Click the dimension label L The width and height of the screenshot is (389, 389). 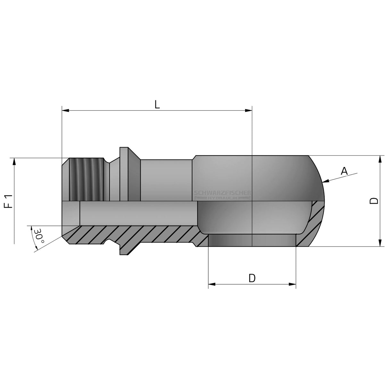click(157, 104)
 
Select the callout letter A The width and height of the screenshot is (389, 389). click(344, 171)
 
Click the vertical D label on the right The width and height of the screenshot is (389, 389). click(374, 201)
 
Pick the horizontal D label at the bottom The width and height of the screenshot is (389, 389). click(252, 278)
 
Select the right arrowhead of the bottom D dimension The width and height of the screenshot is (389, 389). click(292, 284)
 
